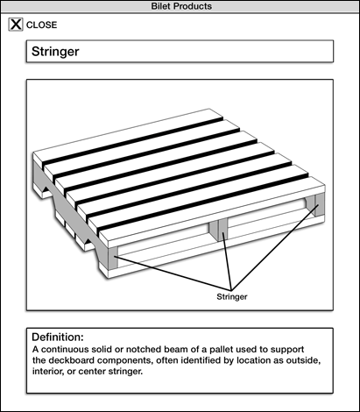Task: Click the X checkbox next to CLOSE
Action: coord(16,25)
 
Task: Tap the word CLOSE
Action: coord(41,25)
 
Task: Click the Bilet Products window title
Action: coord(181,6)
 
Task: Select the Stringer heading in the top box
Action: coord(55,52)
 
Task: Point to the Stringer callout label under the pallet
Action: coord(232,297)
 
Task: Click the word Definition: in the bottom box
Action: coord(58,337)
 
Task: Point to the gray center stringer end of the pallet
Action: coord(218,230)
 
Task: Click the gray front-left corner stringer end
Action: coord(113,258)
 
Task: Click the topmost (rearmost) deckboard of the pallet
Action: coord(129,135)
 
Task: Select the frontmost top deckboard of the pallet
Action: coord(212,208)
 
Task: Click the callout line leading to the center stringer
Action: coord(227,260)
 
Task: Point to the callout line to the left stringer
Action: coord(173,273)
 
